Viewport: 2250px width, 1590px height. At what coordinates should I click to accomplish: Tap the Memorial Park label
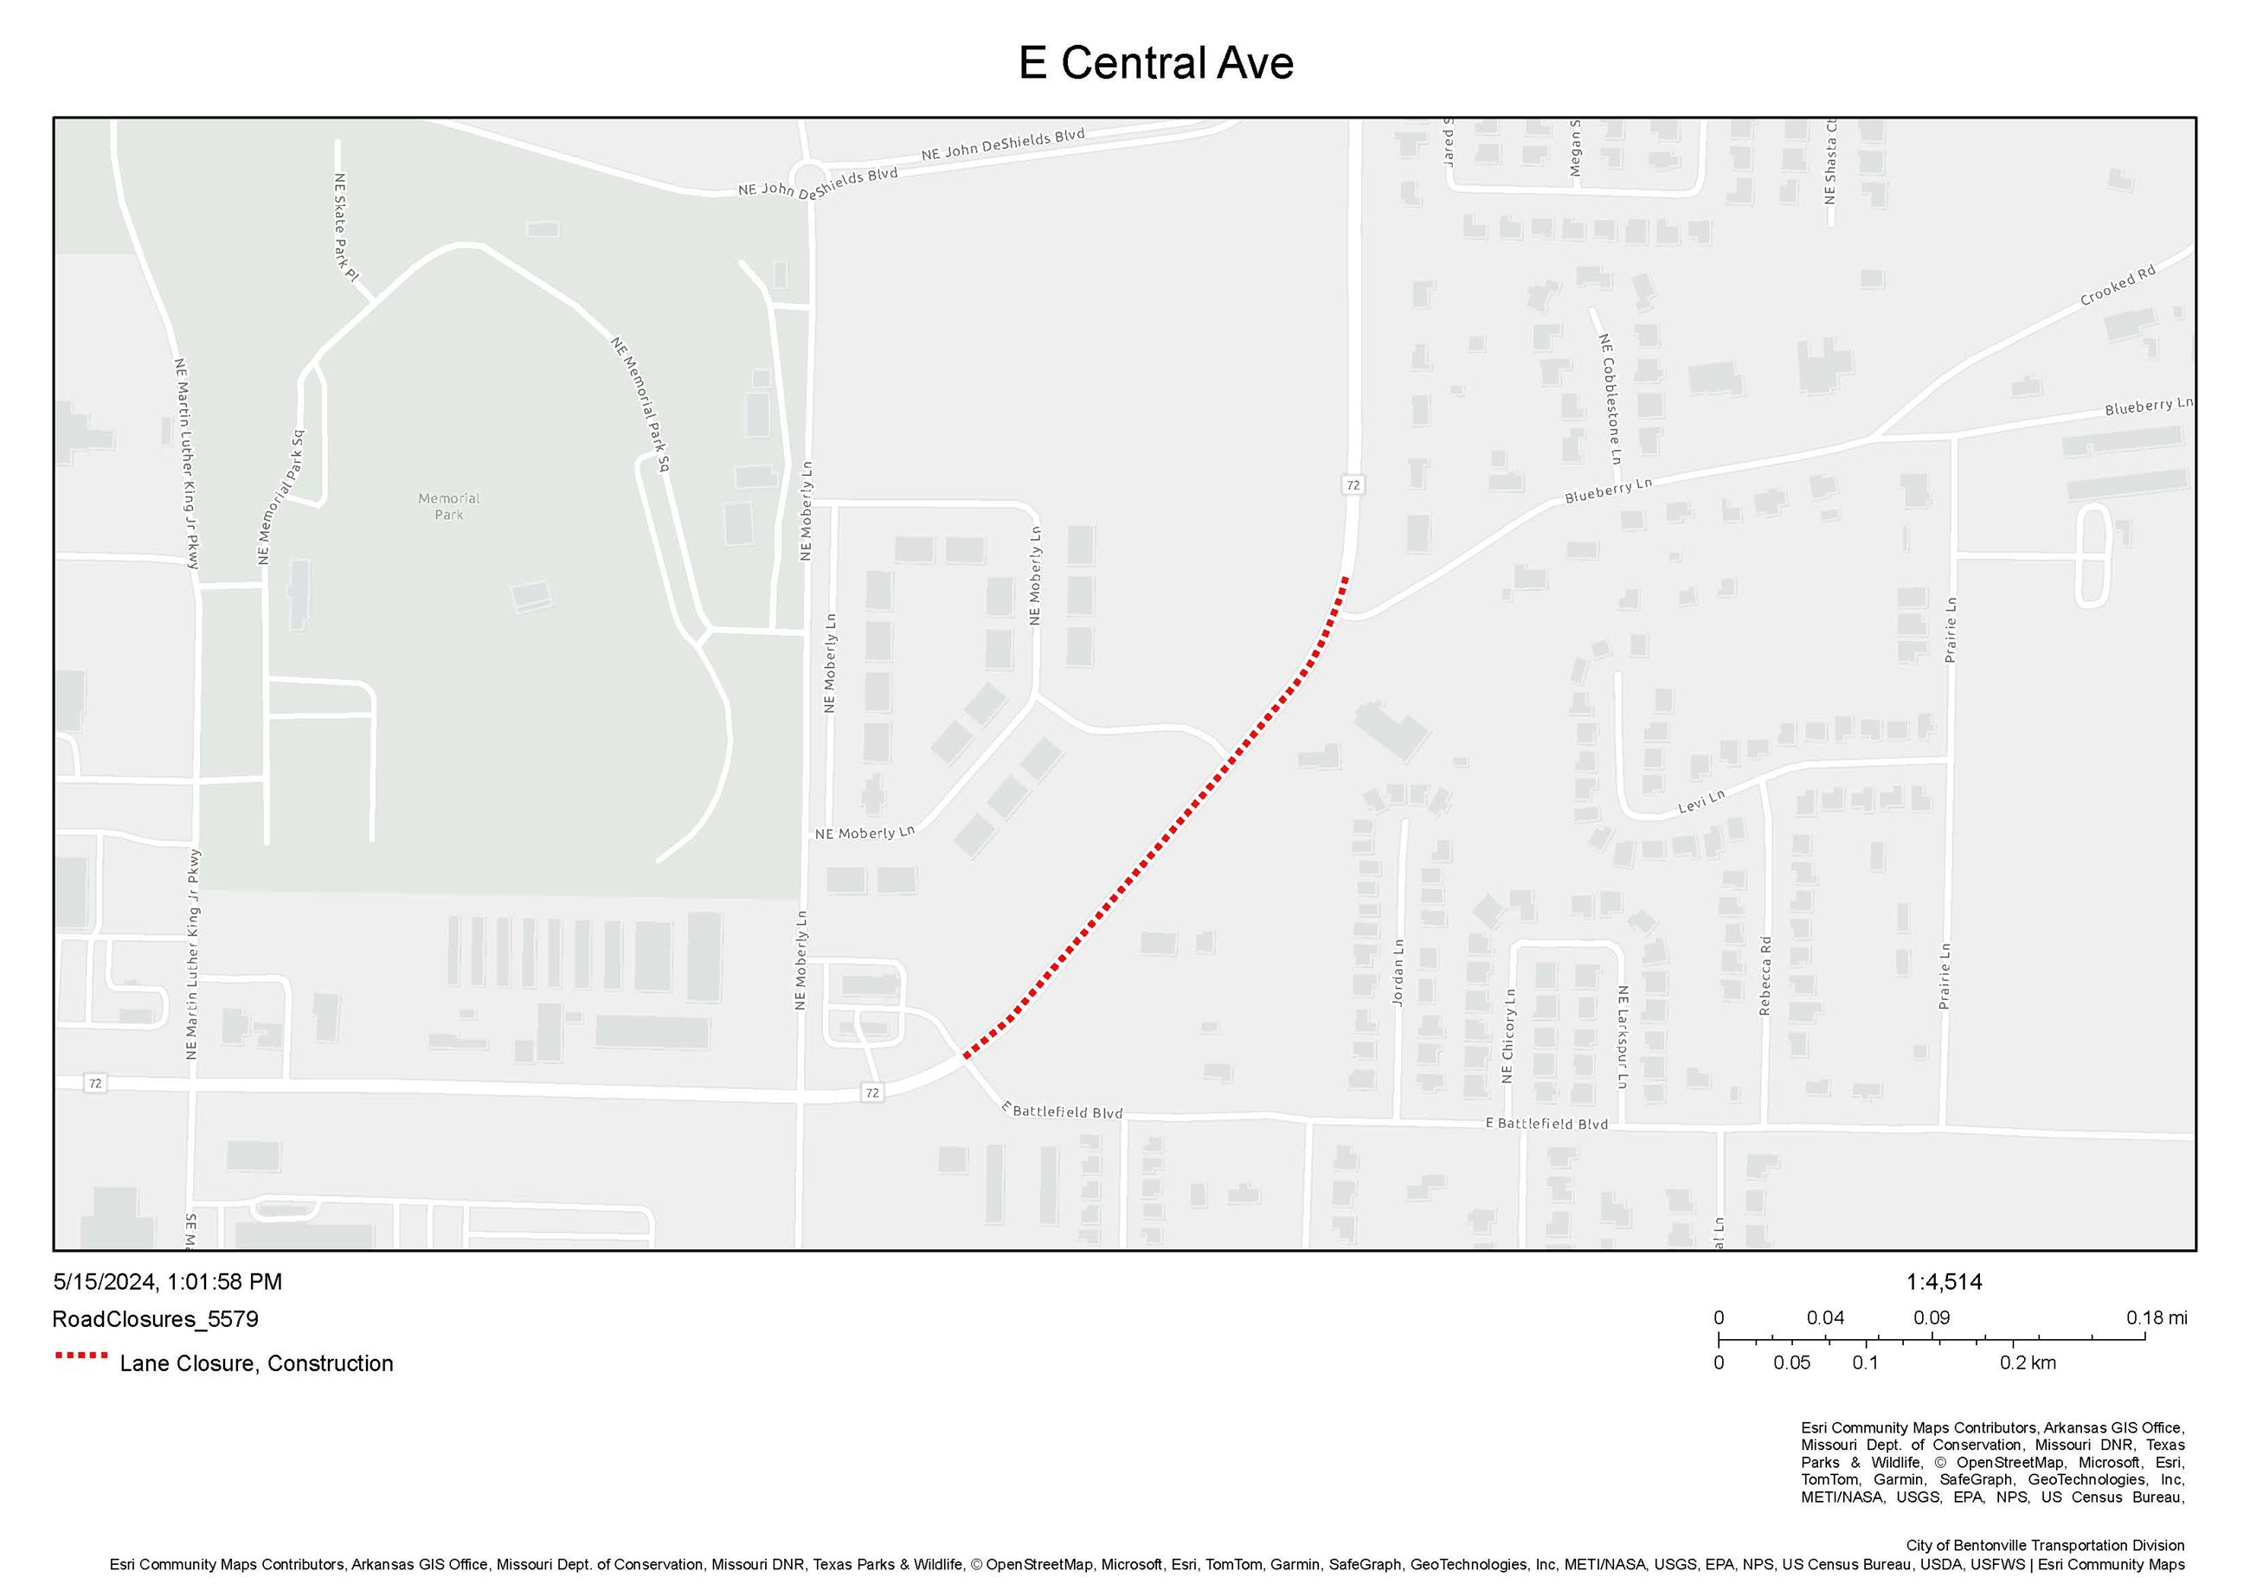[x=449, y=505]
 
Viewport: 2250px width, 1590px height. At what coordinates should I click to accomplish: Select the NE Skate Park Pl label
[x=345, y=228]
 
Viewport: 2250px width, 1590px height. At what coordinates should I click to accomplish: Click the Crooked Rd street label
[x=2118, y=285]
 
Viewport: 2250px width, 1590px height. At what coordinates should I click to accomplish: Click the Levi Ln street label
[x=1701, y=801]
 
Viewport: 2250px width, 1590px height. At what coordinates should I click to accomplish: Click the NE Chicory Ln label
[x=1508, y=1035]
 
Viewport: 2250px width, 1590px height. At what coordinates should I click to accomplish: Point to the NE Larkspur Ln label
[x=1622, y=1036]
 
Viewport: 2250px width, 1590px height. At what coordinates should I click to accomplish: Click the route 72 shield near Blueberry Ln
[x=1353, y=485]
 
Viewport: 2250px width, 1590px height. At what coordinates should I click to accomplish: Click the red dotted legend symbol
[x=81, y=1356]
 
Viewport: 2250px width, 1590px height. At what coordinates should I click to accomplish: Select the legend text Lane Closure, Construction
[x=256, y=1363]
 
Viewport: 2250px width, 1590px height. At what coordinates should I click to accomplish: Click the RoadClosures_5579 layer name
[x=155, y=1318]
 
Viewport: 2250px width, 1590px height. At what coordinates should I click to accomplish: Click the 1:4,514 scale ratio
[x=1944, y=1281]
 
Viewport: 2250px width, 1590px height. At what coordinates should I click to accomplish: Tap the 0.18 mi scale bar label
[x=2156, y=1318]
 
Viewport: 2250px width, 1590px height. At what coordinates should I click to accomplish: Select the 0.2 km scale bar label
[x=2028, y=1362]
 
